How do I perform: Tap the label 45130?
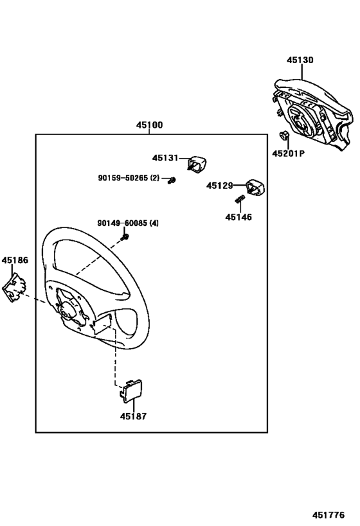click(x=300, y=60)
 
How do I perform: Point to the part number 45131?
click(x=165, y=157)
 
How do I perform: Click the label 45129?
click(x=220, y=185)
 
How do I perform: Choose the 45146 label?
click(x=239, y=217)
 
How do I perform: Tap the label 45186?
click(x=15, y=260)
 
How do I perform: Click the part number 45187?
click(x=133, y=416)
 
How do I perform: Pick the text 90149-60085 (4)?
click(x=128, y=224)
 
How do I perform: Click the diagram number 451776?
click(x=328, y=515)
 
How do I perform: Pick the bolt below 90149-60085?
click(x=127, y=238)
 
